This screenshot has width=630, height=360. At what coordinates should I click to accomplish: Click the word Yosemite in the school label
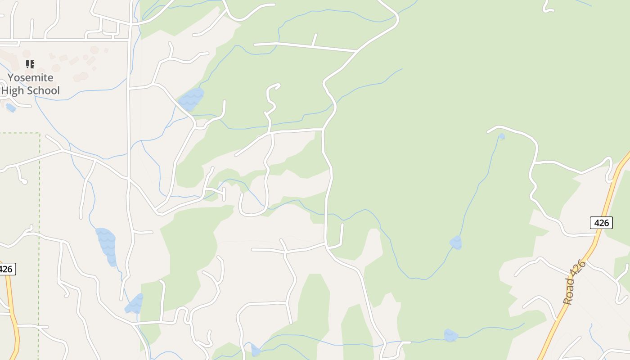click(x=30, y=77)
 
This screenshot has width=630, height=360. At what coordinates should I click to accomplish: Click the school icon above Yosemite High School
click(x=30, y=64)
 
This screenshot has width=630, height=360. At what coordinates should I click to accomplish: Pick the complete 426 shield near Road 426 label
click(x=601, y=222)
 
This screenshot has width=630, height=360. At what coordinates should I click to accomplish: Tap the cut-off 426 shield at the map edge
click(x=6, y=269)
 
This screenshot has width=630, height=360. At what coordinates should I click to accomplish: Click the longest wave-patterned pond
click(x=107, y=245)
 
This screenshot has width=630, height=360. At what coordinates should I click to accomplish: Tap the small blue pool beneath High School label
click(x=11, y=108)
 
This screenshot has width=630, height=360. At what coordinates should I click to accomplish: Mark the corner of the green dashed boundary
click(x=40, y=133)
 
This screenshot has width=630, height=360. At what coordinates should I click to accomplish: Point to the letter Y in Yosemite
click(x=10, y=77)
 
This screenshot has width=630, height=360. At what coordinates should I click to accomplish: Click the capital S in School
click(x=31, y=90)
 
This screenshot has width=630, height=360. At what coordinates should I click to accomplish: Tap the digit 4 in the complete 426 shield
click(x=597, y=222)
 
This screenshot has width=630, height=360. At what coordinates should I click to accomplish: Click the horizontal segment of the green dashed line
click(x=20, y=133)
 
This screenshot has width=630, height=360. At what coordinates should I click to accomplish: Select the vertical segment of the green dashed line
click(x=40, y=202)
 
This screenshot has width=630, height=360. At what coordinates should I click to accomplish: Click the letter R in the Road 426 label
click(x=568, y=301)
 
